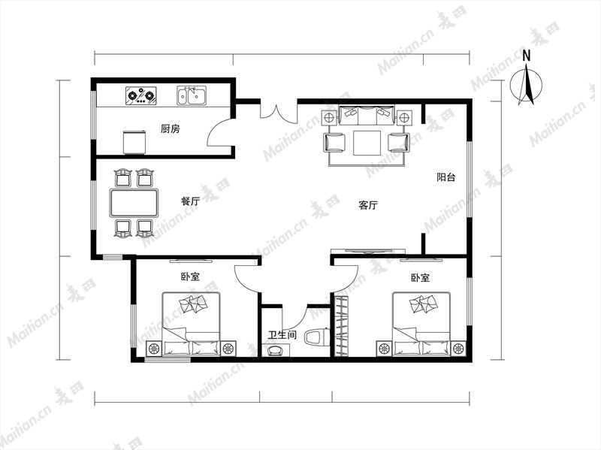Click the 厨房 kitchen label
170,128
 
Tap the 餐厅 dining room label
191,201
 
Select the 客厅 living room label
368,205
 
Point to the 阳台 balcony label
446,177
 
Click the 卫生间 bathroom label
282,335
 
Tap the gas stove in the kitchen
141,96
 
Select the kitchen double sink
192,95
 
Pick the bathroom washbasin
276,350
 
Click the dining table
134,202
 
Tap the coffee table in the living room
367,143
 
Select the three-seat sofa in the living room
367,116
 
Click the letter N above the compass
527,56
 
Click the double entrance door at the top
279,111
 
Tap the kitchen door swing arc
214,126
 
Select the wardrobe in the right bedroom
343,325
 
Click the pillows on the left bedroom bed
194,304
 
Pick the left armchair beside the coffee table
334,143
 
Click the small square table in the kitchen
135,142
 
